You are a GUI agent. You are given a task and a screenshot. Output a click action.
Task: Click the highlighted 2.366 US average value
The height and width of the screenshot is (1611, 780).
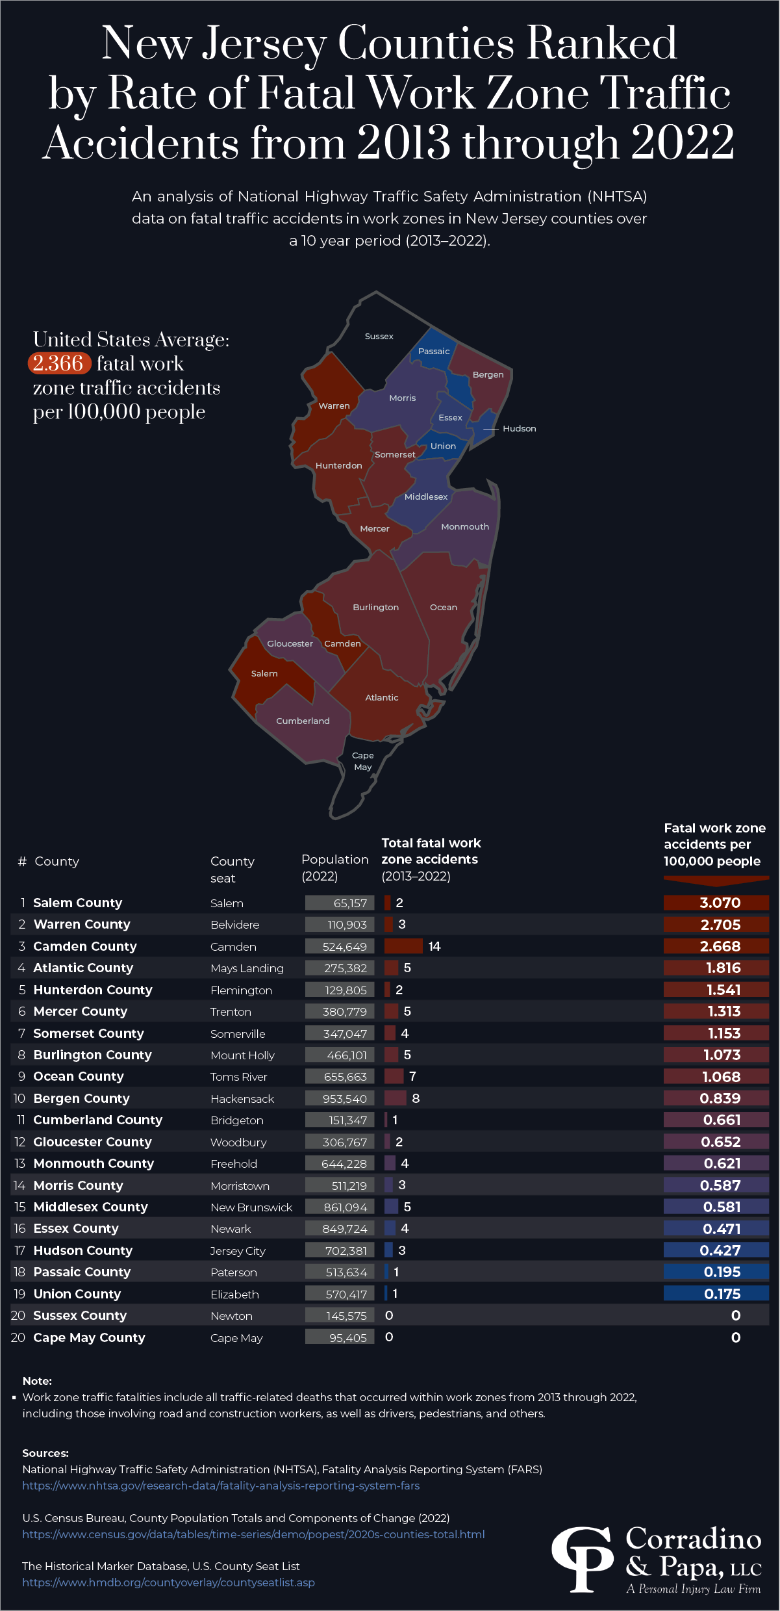click(58, 363)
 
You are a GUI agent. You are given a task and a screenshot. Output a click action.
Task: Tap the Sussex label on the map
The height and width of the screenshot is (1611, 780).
click(379, 336)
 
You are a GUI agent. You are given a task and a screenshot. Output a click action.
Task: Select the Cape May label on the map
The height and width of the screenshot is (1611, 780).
click(362, 761)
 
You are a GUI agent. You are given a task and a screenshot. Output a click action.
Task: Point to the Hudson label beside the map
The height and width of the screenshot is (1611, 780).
click(519, 428)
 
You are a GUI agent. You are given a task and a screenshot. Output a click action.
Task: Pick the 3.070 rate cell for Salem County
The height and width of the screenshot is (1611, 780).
click(716, 903)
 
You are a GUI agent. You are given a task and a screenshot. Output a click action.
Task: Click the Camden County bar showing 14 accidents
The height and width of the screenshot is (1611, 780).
click(403, 946)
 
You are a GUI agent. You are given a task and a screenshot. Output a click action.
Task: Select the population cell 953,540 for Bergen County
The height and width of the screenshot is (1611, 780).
click(340, 1098)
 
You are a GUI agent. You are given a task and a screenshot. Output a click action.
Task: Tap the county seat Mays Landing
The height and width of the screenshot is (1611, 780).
click(247, 968)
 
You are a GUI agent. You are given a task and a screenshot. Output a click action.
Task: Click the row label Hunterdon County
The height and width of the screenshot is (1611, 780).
click(93, 990)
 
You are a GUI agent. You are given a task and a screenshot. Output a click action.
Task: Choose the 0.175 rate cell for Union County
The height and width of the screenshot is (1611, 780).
click(716, 1294)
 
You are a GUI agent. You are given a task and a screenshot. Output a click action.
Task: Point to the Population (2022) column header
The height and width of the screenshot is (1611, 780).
click(334, 868)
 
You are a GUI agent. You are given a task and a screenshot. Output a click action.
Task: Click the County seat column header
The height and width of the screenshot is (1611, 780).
click(232, 869)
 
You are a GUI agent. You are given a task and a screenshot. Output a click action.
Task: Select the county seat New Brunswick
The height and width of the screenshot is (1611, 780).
click(251, 1207)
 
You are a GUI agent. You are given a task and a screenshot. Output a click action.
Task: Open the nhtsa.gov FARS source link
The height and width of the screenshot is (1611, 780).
click(221, 1486)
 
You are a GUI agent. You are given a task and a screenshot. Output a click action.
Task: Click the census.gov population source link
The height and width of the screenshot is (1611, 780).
click(253, 1534)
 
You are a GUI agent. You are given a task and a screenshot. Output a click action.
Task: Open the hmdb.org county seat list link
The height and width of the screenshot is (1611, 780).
click(168, 1582)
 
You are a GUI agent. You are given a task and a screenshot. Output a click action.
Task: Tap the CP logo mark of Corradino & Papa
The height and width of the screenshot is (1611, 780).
click(583, 1558)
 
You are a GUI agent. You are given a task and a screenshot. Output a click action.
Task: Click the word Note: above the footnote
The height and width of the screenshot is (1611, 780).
click(37, 1381)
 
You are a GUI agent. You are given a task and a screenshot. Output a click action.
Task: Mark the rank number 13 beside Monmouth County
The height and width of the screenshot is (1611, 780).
click(19, 1163)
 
